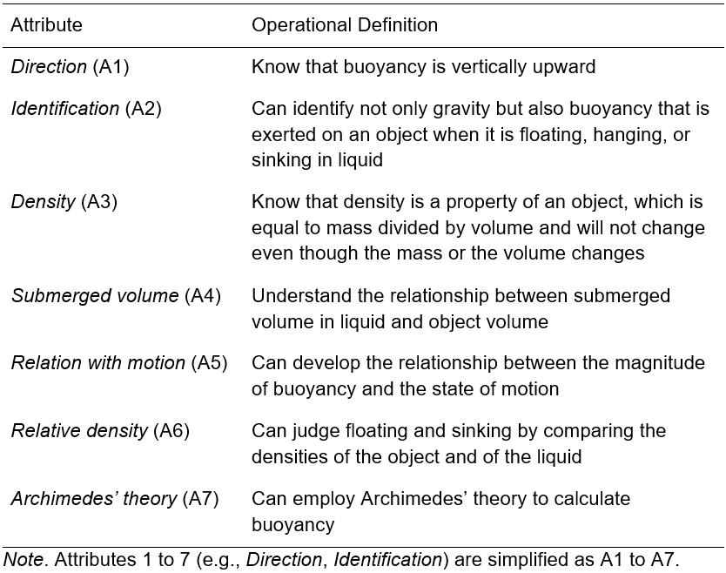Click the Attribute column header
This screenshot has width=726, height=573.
(46, 24)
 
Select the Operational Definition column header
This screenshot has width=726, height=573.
(345, 25)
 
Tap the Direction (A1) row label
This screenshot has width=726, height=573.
(70, 67)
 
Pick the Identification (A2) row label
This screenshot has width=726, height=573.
(86, 109)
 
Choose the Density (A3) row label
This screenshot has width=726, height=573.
(64, 202)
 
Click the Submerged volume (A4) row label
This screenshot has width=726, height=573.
(116, 296)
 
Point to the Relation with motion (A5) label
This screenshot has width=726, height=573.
(119, 363)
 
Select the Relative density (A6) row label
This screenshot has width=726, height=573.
(100, 431)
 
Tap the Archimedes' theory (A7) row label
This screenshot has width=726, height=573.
(114, 499)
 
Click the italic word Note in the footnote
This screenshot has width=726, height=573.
(24, 560)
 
